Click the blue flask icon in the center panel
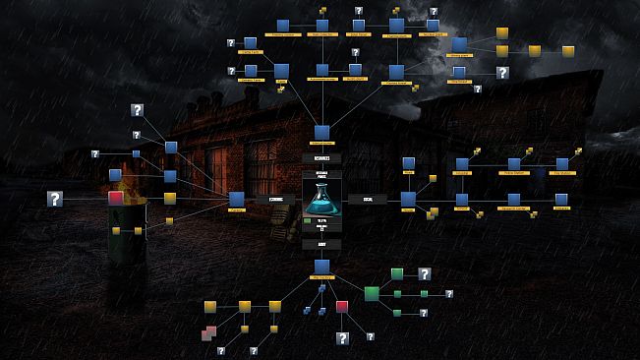[x=321, y=200]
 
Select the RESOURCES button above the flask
[x=321, y=157]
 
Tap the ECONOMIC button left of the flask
[x=275, y=199]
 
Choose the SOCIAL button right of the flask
[x=367, y=199]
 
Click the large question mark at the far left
[x=55, y=199]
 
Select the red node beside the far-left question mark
[x=116, y=199]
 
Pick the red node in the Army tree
[x=342, y=307]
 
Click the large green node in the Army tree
[x=372, y=293]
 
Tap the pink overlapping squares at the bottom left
[x=207, y=334]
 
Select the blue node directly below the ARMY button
[x=321, y=267]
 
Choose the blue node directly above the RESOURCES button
[x=321, y=132]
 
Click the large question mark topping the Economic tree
[x=138, y=110]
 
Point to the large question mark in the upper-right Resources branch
[x=502, y=73]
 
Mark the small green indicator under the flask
[x=308, y=221]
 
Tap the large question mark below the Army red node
[x=342, y=337]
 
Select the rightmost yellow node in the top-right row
[x=568, y=50]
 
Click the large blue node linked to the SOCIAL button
[x=408, y=199]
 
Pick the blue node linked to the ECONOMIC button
[x=236, y=199]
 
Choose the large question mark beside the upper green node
[x=425, y=273]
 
